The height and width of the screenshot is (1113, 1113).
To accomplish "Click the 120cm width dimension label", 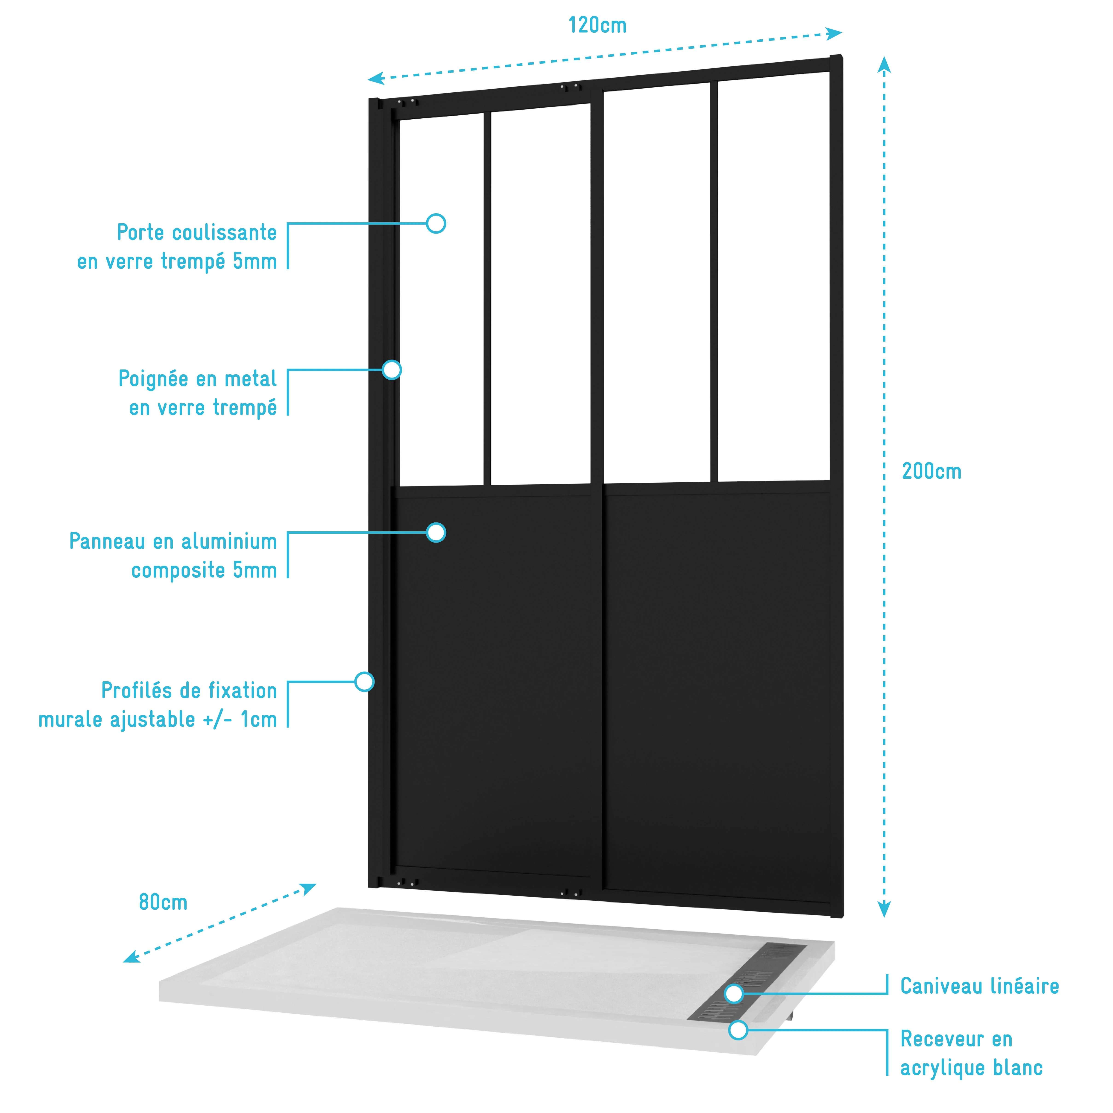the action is point(598,25).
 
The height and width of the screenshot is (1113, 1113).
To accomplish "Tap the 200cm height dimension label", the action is point(931,471).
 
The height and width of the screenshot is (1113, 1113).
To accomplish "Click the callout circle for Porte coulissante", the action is point(436,223).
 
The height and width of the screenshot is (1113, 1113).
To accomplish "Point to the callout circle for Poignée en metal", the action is point(392,370).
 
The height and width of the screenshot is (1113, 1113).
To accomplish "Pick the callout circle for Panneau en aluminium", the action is point(436,532).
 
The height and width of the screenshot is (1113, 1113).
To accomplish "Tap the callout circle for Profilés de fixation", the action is point(364,682).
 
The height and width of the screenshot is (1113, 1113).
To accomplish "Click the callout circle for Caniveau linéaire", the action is point(734,994).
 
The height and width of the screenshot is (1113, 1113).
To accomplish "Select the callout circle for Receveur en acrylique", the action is point(738,1030).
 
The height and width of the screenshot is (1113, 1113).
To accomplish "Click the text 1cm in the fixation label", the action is point(259,720).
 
